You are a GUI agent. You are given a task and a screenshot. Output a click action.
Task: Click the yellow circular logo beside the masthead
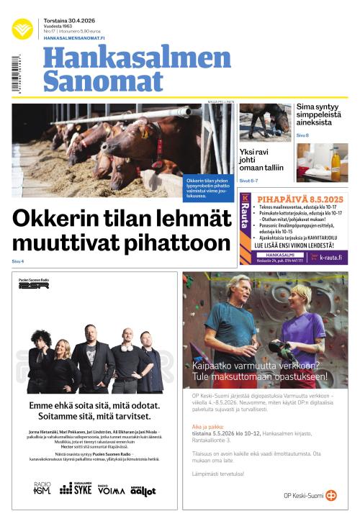coord(22,29)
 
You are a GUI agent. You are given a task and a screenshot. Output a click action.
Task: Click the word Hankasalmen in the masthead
coord(137,58)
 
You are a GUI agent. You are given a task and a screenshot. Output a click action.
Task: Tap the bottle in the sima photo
coord(336,165)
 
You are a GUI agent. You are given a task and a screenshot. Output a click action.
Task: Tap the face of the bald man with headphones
coord(127,339)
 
